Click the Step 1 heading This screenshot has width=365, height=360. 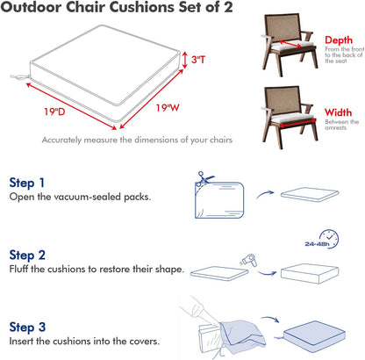pyautogui.click(x=28, y=183)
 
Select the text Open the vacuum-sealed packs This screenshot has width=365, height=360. pyautogui.click(x=80, y=197)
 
